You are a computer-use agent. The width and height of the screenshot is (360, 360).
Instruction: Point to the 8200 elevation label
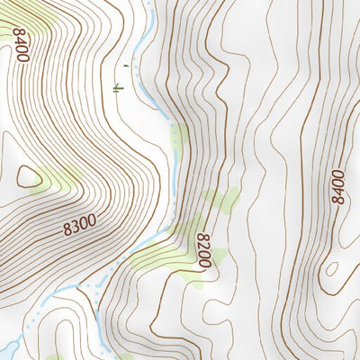click(x=204, y=248)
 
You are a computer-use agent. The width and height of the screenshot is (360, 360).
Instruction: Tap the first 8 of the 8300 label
click(x=67, y=230)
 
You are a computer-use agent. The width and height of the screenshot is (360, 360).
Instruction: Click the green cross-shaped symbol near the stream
click(x=117, y=87)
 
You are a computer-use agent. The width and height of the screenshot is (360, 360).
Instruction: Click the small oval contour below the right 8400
click(x=332, y=268)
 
